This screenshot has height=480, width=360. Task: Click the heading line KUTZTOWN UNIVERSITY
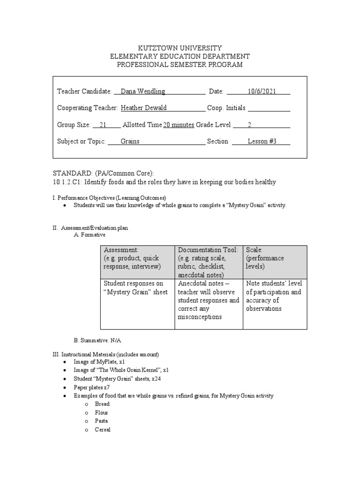[180, 48]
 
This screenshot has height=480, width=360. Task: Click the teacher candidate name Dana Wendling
[143, 91]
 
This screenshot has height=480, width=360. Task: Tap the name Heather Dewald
[144, 108]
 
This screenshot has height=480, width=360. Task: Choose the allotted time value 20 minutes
[179, 125]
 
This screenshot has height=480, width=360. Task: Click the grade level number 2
[250, 125]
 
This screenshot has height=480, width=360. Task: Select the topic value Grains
[130, 141]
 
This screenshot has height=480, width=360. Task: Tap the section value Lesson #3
[262, 141]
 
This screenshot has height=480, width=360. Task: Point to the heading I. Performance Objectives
[109, 197]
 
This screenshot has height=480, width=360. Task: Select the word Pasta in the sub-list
[101, 421]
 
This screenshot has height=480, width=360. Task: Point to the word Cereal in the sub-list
[103, 429]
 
